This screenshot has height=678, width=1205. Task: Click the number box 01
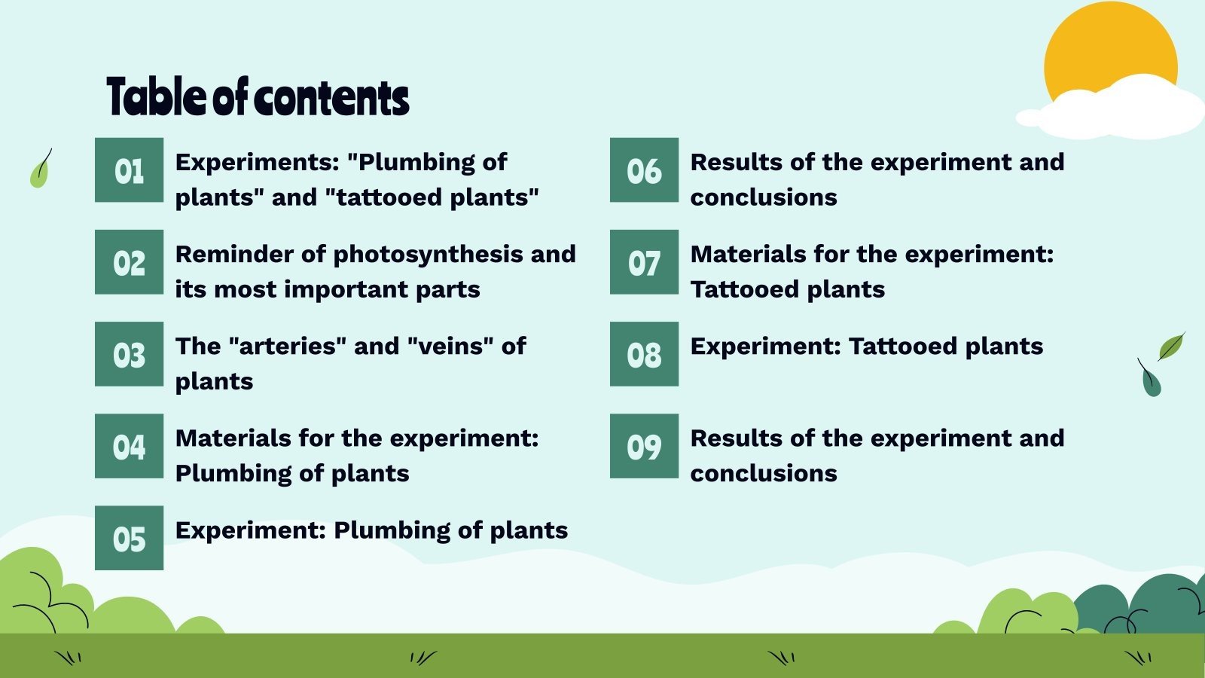(129, 170)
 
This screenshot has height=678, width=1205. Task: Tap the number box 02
(129, 262)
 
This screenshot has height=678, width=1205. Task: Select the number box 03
(129, 354)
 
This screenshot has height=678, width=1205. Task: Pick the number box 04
(129, 446)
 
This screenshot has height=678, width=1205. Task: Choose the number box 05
(129, 538)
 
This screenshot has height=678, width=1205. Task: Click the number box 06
(644, 170)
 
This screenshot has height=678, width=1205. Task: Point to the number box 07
(644, 262)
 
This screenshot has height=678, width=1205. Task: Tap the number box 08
(644, 354)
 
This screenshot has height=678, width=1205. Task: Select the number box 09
(644, 446)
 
